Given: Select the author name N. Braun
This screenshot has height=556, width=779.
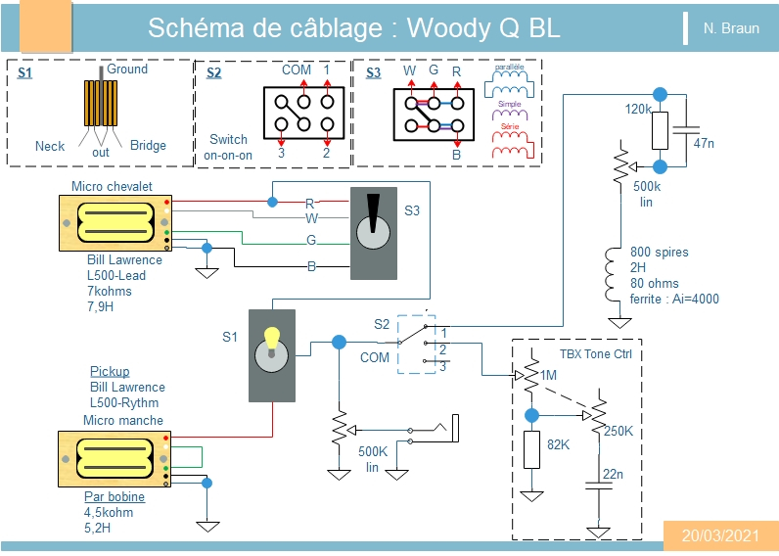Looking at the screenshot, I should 731,28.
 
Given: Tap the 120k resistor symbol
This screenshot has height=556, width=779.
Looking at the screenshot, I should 660,127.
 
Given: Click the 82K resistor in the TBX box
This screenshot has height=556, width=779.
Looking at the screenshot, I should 531,448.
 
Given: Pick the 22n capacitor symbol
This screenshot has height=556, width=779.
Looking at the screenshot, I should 594,486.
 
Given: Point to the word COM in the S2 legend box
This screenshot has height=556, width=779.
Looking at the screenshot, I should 296,70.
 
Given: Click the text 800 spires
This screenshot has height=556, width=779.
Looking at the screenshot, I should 659,252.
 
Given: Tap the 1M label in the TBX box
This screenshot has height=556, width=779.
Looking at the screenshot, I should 548,375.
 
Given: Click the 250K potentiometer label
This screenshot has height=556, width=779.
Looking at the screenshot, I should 619,431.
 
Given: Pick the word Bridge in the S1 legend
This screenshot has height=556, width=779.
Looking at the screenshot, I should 148,146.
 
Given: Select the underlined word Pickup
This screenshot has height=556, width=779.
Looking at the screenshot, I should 110,372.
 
